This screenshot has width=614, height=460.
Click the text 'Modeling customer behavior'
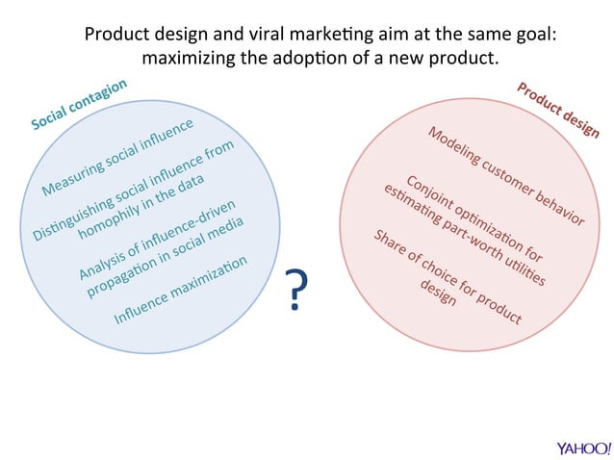click(505, 176)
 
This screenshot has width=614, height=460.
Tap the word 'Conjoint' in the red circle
click(427, 193)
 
